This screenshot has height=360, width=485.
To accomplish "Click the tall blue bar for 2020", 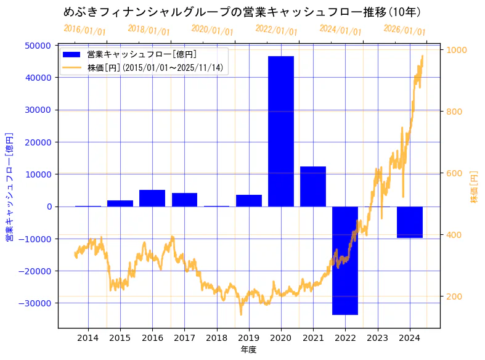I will coord(281,131).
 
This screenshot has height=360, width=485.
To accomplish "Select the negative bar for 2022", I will coord(345,260).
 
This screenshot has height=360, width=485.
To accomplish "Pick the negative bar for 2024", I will coord(409,222).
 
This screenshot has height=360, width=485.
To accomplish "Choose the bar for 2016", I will coord(152,198).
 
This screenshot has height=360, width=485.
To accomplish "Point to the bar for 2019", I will coord(249,200).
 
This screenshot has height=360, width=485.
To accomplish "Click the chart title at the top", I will coord(242,12).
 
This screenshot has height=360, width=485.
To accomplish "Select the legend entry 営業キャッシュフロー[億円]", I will coord(142,55).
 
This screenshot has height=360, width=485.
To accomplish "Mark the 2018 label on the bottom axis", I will coord(216,337).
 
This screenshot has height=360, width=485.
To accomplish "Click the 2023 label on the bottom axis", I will coord(377,337).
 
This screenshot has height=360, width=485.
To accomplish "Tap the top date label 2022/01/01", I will coord(276,30).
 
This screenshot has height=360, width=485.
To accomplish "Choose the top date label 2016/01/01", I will coord(84,30).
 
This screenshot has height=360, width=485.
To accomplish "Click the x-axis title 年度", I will coord(248,350).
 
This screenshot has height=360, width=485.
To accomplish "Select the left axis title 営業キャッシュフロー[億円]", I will coord(10,187).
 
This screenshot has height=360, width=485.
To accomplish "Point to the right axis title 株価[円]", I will coord(474,187).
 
